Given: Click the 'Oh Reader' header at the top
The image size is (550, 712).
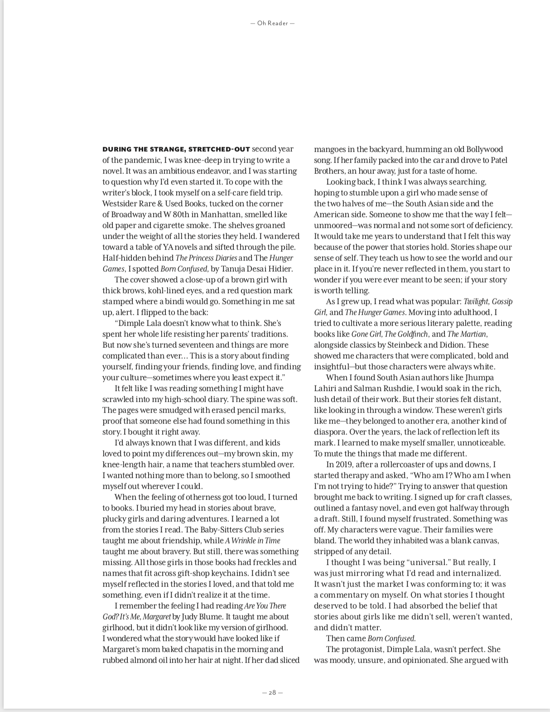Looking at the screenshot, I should click(272, 23).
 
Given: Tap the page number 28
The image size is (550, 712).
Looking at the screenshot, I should click(272, 693).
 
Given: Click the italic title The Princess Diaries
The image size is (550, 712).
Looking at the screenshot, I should click(206, 258).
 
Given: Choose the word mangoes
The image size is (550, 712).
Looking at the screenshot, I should click(330, 149).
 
